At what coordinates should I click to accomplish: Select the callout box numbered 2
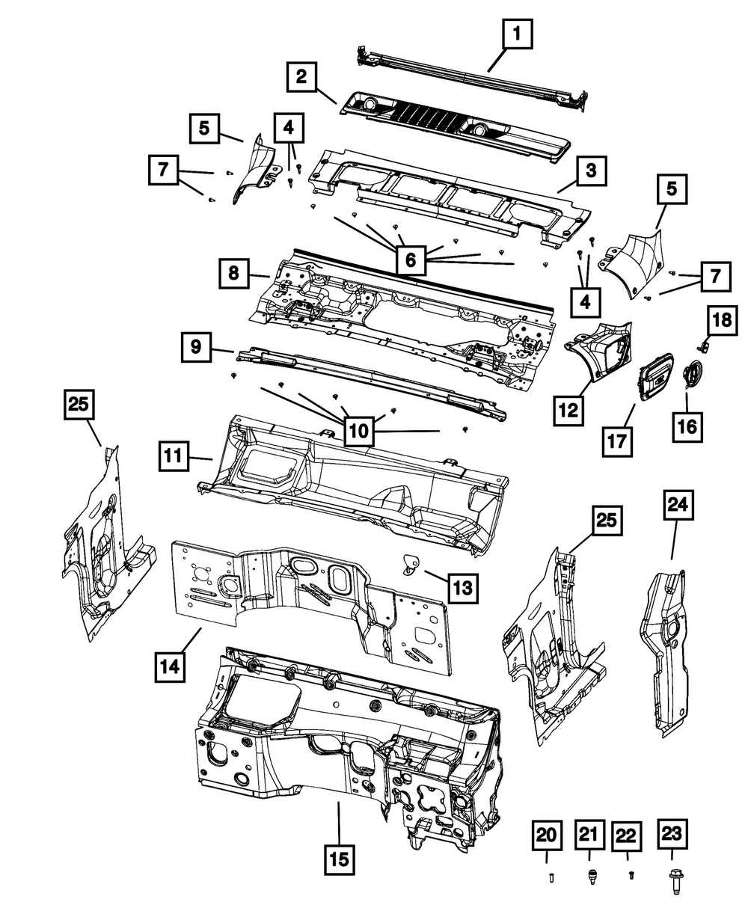click(x=301, y=77)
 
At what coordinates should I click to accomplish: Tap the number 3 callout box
click(x=591, y=171)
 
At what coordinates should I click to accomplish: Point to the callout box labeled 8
click(x=234, y=274)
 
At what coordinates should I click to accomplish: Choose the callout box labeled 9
click(x=195, y=347)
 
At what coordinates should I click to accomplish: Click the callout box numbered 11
click(x=173, y=456)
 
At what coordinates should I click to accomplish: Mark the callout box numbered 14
click(x=171, y=665)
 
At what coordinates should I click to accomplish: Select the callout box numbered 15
click(x=340, y=861)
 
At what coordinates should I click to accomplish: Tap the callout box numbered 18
click(x=722, y=322)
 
